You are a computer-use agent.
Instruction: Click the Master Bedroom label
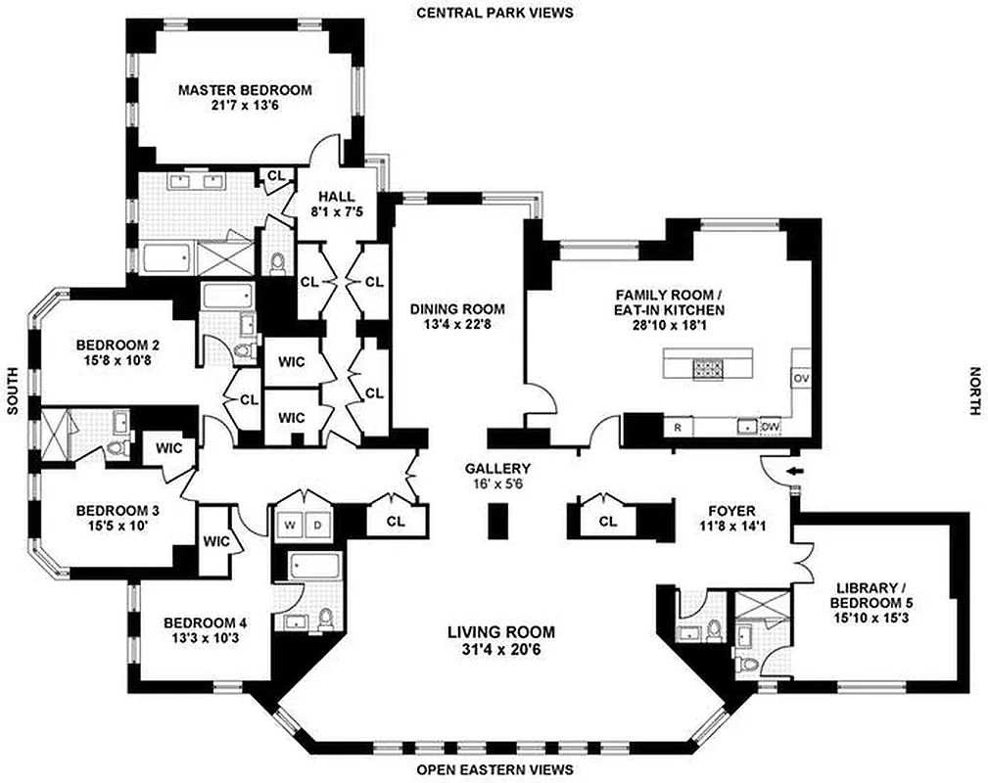tap(245, 90)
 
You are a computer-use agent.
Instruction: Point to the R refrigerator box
tap(677, 427)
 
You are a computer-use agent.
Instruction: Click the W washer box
tap(290, 525)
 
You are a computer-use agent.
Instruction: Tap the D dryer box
tap(317, 525)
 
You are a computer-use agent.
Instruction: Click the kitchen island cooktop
tap(708, 368)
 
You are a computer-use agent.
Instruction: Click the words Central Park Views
tap(494, 13)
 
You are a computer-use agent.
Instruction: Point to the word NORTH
tap(973, 391)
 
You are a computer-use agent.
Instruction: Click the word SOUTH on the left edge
tap(13, 391)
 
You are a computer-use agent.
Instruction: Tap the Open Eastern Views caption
tap(494, 770)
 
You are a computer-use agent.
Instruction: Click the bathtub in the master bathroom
tap(168, 259)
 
